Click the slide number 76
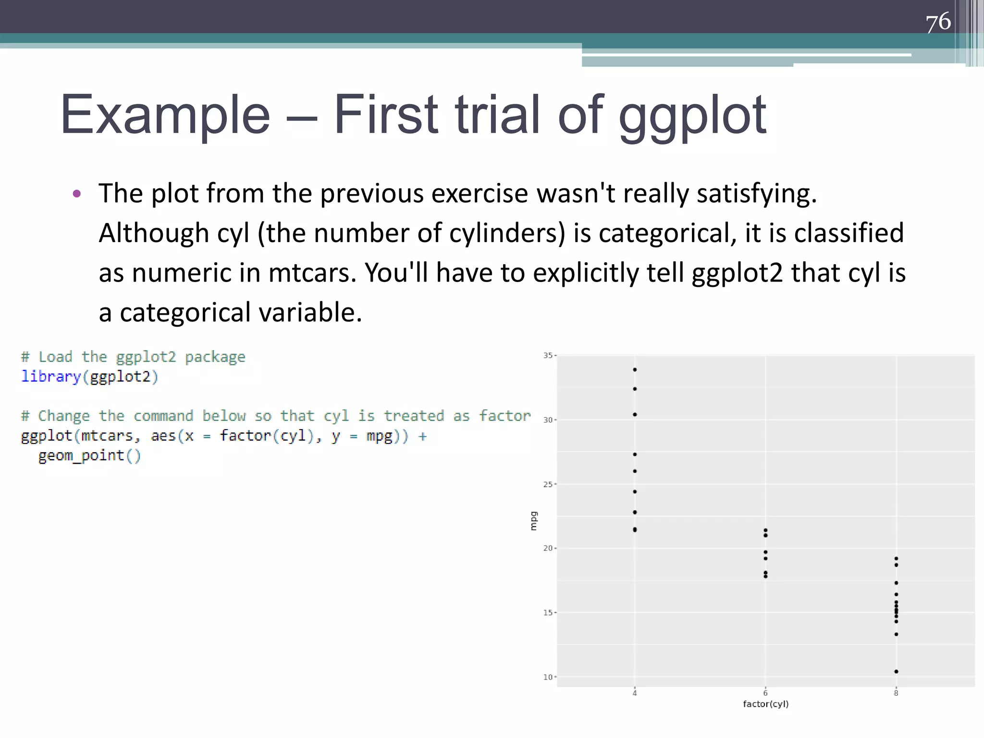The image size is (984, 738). pyautogui.click(x=938, y=22)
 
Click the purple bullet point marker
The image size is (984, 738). pyautogui.click(x=77, y=194)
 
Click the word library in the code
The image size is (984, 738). pyautogui.click(x=50, y=377)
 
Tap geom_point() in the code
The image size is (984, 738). pyautogui.click(x=89, y=455)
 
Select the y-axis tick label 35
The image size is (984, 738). pyautogui.click(x=548, y=356)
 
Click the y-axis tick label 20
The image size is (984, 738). pyautogui.click(x=548, y=548)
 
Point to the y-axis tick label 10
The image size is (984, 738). pyautogui.click(x=548, y=677)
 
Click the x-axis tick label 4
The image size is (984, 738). pyautogui.click(x=635, y=693)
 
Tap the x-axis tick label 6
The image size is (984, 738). pyautogui.click(x=765, y=693)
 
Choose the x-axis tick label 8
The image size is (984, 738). pyautogui.click(x=896, y=693)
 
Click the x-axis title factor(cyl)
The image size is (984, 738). pyautogui.click(x=765, y=704)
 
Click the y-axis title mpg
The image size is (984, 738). pyautogui.click(x=533, y=521)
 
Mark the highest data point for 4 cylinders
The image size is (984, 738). pyautogui.click(x=635, y=369)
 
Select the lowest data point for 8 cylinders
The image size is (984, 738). pyautogui.click(x=896, y=672)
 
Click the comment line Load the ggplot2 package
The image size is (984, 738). pyautogui.click(x=133, y=357)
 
